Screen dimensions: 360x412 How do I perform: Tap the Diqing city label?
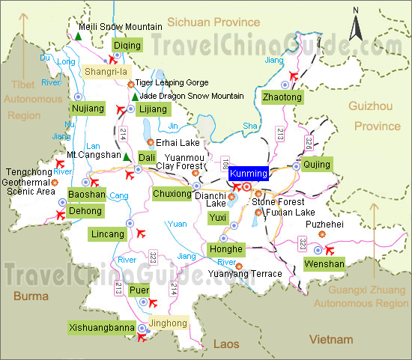126,46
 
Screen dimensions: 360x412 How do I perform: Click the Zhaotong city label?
282,97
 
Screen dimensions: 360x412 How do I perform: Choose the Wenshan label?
324,263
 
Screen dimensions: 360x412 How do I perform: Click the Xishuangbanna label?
102,328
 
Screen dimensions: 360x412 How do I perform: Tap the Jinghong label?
167,324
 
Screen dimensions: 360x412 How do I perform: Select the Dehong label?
85,211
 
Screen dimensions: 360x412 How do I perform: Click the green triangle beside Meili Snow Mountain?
79,35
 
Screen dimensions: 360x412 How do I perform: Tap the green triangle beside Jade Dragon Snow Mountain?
134,97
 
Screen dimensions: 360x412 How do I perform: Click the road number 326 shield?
309,139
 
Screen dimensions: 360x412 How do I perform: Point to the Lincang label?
108,234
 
